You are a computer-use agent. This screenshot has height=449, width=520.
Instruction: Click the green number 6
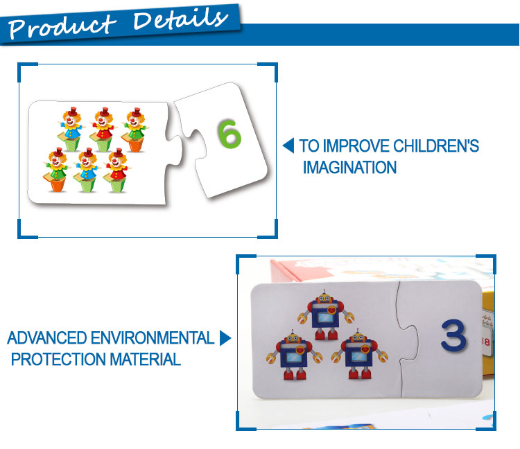[x=229, y=134]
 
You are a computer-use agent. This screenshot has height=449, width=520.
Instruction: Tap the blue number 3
[x=453, y=335]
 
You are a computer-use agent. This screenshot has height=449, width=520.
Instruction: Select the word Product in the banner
[x=62, y=26]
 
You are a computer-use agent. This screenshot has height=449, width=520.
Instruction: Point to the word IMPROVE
[x=356, y=146]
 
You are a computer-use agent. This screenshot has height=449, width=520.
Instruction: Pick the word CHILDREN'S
[x=436, y=146]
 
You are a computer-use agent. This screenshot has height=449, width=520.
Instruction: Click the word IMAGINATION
[x=349, y=167]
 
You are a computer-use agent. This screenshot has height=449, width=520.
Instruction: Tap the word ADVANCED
[x=47, y=338]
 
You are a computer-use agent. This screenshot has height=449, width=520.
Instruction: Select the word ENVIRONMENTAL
[x=153, y=338]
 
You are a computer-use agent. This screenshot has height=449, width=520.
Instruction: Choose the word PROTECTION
[x=58, y=359]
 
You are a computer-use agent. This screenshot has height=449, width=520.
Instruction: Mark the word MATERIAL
[x=146, y=359]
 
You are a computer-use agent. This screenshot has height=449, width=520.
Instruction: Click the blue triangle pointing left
[x=288, y=146]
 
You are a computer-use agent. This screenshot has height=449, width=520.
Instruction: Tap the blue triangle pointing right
[x=225, y=338]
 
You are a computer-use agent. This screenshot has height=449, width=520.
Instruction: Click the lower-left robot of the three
[x=294, y=355]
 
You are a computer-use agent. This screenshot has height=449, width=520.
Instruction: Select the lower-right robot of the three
[x=359, y=354]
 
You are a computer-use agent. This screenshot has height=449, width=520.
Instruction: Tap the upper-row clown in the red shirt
[x=103, y=129]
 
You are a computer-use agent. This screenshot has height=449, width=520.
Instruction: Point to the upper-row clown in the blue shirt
[x=72, y=129]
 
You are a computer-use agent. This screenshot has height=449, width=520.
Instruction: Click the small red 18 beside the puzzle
[x=486, y=342]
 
